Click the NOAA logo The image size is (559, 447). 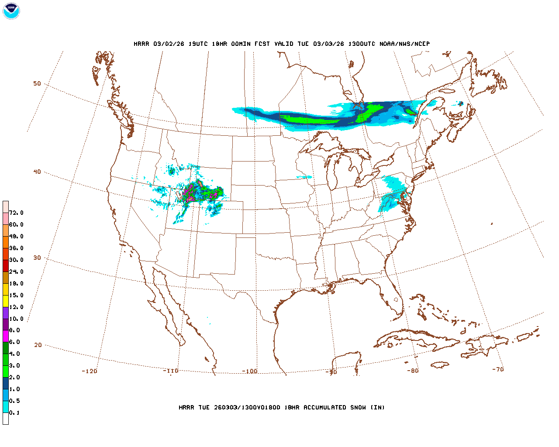click(x=11, y=11)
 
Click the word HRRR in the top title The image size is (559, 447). click(x=141, y=44)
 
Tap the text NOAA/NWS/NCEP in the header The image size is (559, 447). click(x=404, y=44)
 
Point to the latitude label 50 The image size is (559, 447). click(x=37, y=83)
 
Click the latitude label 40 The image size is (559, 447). click(x=37, y=172)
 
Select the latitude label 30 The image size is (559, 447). click(x=37, y=258)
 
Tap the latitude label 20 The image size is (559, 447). click(x=38, y=345)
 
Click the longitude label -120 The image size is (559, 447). click(x=90, y=371)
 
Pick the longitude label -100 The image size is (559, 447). click(x=250, y=371)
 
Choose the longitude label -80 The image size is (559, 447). click(x=413, y=371)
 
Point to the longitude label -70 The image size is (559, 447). click(x=498, y=369)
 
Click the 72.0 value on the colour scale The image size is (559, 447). click(x=16, y=213)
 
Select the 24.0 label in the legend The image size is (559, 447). click(x=16, y=272)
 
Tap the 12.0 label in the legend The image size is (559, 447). click(x=16, y=307)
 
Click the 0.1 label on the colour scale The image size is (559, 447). click(x=14, y=413)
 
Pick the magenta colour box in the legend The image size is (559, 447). click(x=6, y=336)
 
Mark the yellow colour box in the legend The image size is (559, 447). click(x=6, y=301)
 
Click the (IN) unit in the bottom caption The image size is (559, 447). click(x=378, y=407)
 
